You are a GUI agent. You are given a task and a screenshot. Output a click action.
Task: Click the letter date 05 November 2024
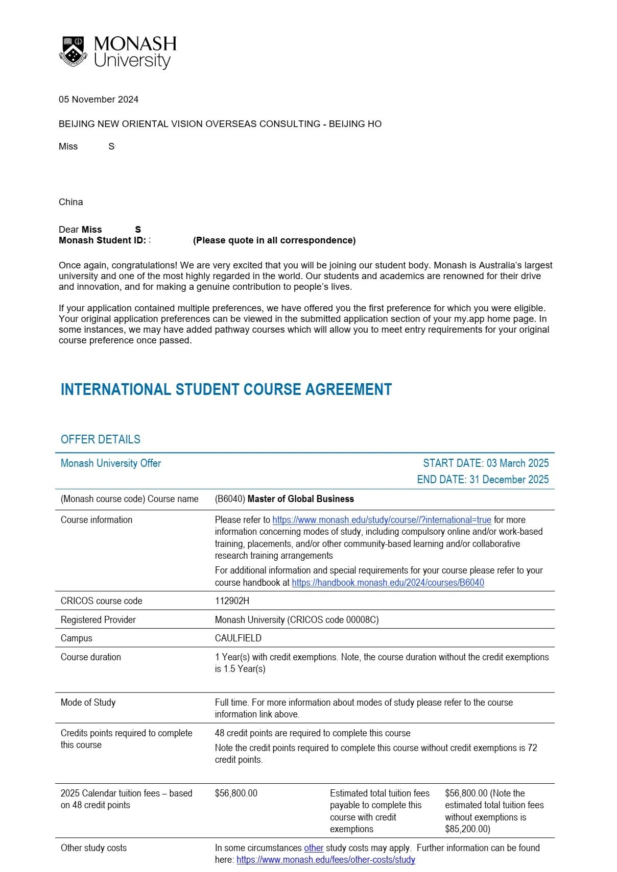(99, 99)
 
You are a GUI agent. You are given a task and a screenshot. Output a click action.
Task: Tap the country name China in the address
(71, 202)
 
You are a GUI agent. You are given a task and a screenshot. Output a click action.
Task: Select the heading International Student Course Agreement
(226, 390)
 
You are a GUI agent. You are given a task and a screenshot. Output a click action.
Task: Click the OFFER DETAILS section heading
(101, 439)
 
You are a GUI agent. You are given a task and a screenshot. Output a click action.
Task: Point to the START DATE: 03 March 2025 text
(486, 463)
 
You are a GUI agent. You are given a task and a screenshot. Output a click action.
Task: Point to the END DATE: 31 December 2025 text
(483, 480)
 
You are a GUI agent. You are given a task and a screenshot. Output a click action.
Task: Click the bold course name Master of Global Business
(300, 499)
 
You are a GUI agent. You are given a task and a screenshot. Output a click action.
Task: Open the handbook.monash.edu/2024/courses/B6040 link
(388, 583)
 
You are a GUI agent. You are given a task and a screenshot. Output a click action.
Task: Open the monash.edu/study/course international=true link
(382, 520)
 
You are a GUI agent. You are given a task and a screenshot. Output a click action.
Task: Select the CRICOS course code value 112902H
(232, 601)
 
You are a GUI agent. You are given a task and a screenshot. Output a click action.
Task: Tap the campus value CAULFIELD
(238, 638)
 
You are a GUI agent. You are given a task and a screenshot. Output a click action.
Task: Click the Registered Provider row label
(98, 620)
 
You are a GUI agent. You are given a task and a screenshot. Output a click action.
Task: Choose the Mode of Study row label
(88, 703)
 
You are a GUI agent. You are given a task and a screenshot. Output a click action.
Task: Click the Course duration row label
(91, 657)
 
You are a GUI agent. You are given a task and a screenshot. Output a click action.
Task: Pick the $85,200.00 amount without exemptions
(467, 829)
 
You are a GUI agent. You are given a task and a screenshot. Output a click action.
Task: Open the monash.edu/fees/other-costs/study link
(326, 860)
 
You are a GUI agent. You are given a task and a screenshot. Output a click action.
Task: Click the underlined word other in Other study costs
(314, 848)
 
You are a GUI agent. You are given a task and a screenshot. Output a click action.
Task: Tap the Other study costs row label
(93, 848)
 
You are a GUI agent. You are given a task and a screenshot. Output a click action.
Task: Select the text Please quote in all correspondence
(274, 240)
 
